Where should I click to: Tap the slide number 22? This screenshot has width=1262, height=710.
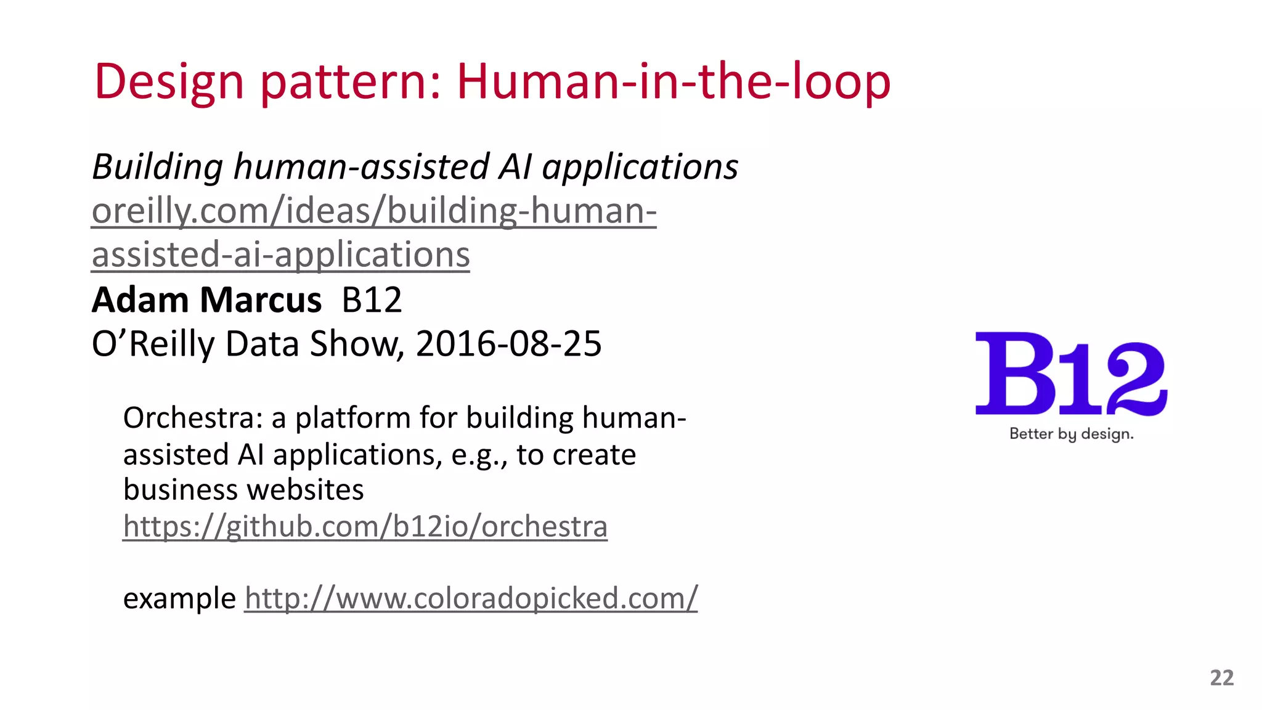[x=1221, y=678]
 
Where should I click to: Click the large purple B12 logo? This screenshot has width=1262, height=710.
[x=1071, y=375]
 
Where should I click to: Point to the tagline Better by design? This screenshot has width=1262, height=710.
[x=1071, y=434]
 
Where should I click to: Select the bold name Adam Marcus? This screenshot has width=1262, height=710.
[x=206, y=300]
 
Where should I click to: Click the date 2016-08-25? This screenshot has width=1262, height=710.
[x=508, y=344]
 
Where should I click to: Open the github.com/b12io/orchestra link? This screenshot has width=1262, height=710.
[x=365, y=526]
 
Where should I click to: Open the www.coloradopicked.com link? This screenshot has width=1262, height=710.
[x=471, y=598]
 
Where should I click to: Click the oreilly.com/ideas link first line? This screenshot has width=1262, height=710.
[x=374, y=211]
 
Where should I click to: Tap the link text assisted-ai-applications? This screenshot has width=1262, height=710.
[x=280, y=255]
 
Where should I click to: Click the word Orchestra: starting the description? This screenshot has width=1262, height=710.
[x=193, y=418]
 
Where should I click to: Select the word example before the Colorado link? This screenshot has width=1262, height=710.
[x=179, y=598]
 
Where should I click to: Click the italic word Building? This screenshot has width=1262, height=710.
[x=158, y=167]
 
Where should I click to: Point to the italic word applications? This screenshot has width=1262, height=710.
[x=640, y=167]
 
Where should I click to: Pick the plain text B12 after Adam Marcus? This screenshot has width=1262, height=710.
[x=372, y=300]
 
